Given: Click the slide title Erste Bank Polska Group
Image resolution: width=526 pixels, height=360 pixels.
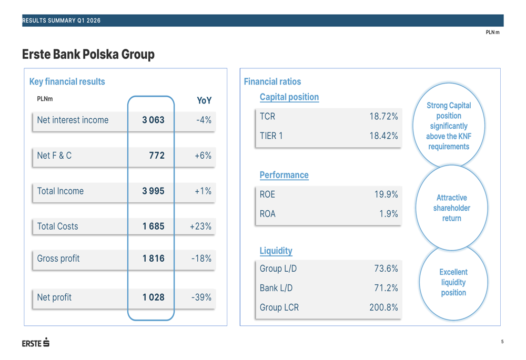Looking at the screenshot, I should coord(88,55).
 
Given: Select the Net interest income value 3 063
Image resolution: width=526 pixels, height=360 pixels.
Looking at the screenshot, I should coord(153,120).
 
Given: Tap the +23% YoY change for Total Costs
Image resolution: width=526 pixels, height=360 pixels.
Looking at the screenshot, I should coord(200,227).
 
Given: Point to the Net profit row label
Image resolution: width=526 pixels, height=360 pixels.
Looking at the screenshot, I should coord(54,297).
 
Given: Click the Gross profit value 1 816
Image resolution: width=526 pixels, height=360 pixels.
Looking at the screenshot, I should coord(153,259).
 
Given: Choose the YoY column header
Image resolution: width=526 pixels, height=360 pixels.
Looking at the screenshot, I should coord(204,100).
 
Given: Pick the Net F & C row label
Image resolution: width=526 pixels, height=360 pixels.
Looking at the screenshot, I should coord(54,156).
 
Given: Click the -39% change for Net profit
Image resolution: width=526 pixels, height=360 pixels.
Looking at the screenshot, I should coord(201,297).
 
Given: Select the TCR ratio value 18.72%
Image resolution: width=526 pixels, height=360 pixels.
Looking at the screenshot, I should coord(383,117).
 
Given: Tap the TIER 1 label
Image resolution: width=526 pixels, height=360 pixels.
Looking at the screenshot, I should coord(271,136).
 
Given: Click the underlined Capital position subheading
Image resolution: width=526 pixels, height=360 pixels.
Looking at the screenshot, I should coord(289,97).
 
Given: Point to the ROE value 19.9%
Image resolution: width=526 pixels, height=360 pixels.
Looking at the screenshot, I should coord(386,194).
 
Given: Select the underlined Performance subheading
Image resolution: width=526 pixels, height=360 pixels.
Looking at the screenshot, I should coord(284,175).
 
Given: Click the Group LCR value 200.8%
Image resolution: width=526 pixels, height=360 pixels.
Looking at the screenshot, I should coord(383,307).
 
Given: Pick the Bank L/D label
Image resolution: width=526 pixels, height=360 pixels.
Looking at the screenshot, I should coord(276,288).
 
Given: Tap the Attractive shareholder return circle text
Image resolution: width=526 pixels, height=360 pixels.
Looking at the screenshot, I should coord(451,208).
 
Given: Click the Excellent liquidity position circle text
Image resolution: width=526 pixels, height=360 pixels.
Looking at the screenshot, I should coord(453,282).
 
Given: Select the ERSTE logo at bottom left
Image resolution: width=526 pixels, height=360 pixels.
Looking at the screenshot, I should coord(36,343).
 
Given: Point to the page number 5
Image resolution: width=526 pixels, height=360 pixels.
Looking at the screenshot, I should coord(502,342).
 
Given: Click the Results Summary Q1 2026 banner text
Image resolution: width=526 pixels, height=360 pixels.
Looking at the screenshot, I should coord(61,20).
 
